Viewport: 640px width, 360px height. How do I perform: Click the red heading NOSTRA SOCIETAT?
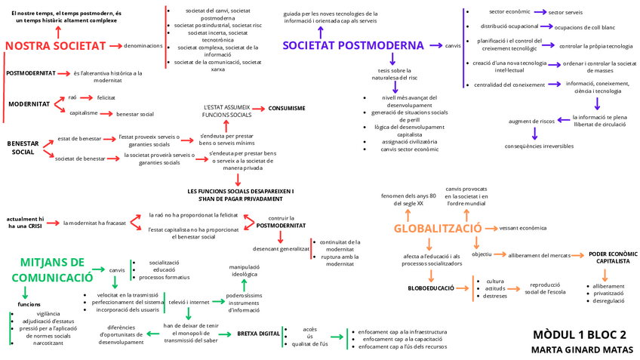click(55, 46)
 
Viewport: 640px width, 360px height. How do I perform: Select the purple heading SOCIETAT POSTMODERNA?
click(353, 45)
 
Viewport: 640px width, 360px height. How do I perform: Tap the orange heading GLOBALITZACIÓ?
click(438, 228)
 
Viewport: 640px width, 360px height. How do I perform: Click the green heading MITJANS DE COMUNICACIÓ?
click(51, 270)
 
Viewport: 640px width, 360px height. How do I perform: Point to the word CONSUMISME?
click(287, 109)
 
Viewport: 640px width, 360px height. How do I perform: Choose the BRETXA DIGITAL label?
click(258, 333)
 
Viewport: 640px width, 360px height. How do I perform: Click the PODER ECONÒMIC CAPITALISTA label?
click(613, 257)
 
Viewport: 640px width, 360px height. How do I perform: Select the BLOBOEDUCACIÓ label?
click(431, 288)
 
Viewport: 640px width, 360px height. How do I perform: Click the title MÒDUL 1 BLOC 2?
click(580, 334)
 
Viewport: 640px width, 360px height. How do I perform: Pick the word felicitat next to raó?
click(106, 98)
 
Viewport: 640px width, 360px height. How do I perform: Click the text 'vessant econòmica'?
click(523, 228)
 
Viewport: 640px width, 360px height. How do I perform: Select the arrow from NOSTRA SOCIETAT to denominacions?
click(115, 46)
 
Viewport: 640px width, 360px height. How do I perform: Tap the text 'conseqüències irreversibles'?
click(539, 146)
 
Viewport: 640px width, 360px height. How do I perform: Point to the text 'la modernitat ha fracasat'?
click(94, 223)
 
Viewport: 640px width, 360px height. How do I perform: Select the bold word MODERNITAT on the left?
click(29, 104)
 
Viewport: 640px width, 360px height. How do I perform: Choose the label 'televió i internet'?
click(189, 302)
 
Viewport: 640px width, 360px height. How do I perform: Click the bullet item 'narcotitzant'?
click(48, 343)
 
